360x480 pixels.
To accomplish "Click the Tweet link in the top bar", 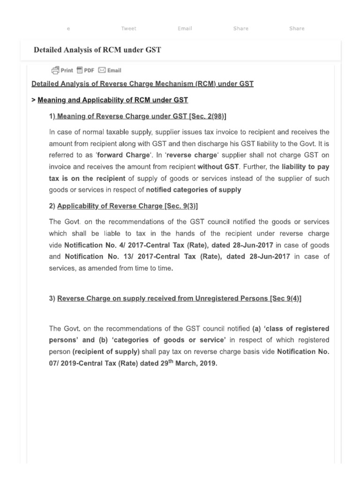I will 128,29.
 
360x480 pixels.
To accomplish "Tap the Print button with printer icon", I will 62,70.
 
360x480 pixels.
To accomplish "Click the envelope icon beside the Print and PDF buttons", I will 102,70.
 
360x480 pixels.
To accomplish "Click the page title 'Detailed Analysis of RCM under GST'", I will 97,50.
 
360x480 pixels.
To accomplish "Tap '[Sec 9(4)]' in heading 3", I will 285,299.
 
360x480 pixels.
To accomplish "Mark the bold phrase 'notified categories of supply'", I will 194,190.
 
